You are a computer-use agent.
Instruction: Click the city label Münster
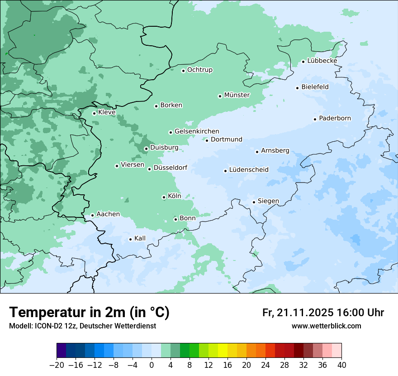pyautogui.click(x=237, y=95)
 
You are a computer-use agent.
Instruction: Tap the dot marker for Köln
pyautogui.click(x=164, y=197)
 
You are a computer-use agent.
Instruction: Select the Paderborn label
pyautogui.click(x=335, y=118)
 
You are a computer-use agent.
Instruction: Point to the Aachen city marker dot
pyautogui.click(x=92, y=216)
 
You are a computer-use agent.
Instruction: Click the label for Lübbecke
pyautogui.click(x=322, y=61)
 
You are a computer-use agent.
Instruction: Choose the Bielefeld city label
pyautogui.click(x=315, y=87)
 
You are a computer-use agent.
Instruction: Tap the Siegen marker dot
pyautogui.click(x=254, y=202)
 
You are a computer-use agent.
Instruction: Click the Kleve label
pyautogui.click(x=107, y=112)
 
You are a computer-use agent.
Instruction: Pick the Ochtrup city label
pyautogui.click(x=199, y=70)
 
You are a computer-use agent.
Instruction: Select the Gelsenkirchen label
pyautogui.click(x=197, y=131)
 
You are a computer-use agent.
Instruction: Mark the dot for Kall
pyautogui.click(x=130, y=239)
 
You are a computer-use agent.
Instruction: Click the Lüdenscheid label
pyautogui.click(x=249, y=170)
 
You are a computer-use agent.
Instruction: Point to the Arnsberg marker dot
pyautogui.click(x=257, y=152)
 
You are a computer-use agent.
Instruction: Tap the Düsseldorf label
pyautogui.click(x=170, y=168)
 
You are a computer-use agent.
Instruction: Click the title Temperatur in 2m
pyautogui.click(x=89, y=312)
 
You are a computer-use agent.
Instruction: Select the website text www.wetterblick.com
pyautogui.click(x=326, y=326)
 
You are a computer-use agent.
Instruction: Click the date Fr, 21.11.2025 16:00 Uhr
pyautogui.click(x=323, y=313)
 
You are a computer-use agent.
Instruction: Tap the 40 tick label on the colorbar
pyautogui.click(x=341, y=365)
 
